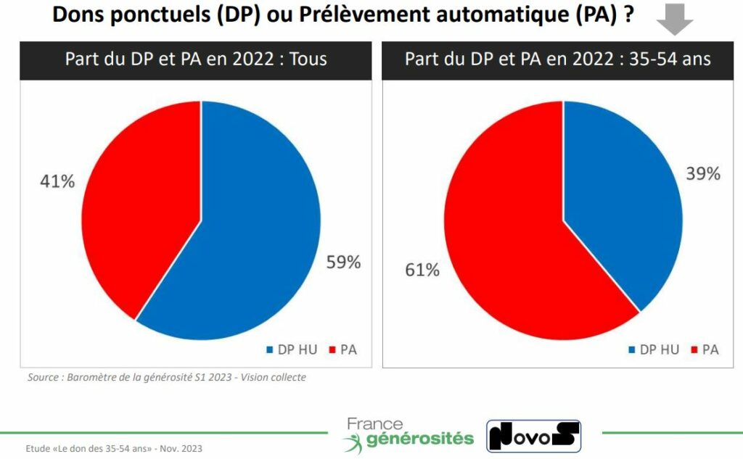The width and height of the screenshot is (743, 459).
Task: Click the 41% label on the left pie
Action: coord(57,181)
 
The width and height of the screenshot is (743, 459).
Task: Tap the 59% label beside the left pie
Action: coord(343,262)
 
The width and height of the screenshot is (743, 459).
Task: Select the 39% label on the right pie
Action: coord(702,174)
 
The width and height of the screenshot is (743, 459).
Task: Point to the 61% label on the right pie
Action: coord(422,270)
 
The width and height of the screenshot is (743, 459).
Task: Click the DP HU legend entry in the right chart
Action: coord(654,350)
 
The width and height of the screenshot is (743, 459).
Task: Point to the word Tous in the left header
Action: coord(308,59)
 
